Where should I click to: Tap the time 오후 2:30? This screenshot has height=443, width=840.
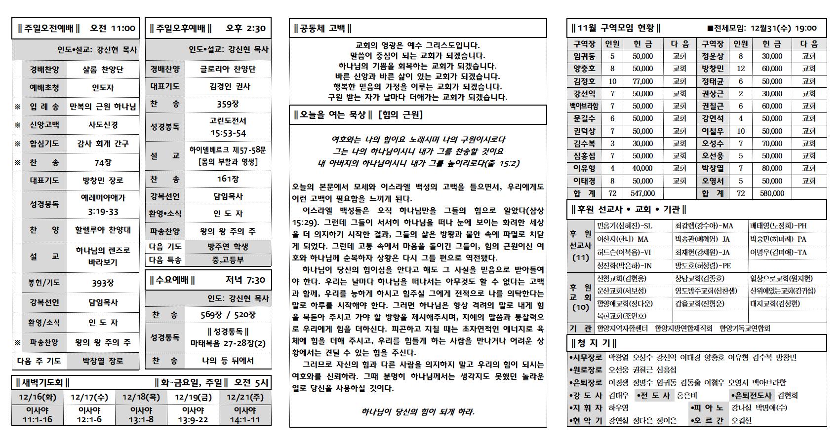245,29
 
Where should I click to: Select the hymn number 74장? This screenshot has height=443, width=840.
103,162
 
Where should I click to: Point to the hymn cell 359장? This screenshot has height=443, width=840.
228,104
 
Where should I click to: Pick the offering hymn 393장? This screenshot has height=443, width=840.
103,283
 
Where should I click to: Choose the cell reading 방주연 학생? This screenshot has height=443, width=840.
228,247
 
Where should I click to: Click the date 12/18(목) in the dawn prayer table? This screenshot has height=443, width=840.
141,397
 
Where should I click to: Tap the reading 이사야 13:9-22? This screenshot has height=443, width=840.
193,415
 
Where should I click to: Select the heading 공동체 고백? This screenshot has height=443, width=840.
323,29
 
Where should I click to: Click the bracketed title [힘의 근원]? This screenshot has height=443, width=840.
400,115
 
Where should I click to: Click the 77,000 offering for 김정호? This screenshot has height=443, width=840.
642,81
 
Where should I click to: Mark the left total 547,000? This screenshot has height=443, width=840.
642,193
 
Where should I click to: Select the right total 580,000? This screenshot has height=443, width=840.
772,193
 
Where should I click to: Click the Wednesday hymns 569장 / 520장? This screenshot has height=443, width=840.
228,315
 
